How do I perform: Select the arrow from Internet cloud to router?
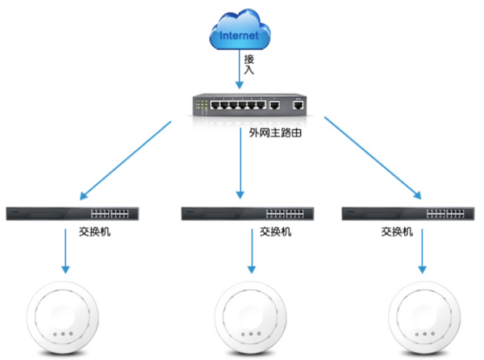pyautogui.click(x=239, y=71)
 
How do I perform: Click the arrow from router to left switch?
pyautogui.click(x=125, y=160)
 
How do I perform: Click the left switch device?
pyautogui.click(x=72, y=214)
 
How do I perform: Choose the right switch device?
pyautogui.click(x=408, y=214)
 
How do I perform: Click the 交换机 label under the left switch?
pyautogui.click(x=90, y=232)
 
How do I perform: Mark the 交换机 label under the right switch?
pyautogui.click(x=397, y=232)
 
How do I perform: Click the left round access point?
pyautogui.click(x=61, y=317)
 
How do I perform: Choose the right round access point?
pyautogui.click(x=422, y=317)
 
